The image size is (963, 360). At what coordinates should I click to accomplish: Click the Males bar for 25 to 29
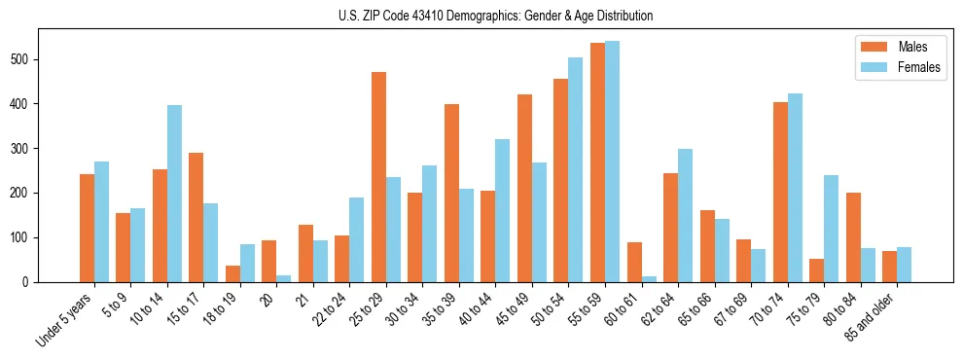tap(378, 177)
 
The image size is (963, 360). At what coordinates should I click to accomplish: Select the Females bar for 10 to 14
tap(174, 194)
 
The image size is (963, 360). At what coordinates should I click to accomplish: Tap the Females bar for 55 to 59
tap(613, 162)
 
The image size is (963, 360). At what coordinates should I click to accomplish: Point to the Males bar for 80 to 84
tap(853, 237)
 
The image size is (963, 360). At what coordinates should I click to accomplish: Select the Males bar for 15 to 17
tap(196, 217)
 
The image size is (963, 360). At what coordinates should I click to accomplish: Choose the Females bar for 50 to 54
tap(576, 169)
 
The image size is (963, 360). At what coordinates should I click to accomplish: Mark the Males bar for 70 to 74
tap(780, 192)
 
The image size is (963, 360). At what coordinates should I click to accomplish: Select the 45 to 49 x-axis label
tap(510, 311)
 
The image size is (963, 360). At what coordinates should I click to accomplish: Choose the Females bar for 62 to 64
tap(686, 215)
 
